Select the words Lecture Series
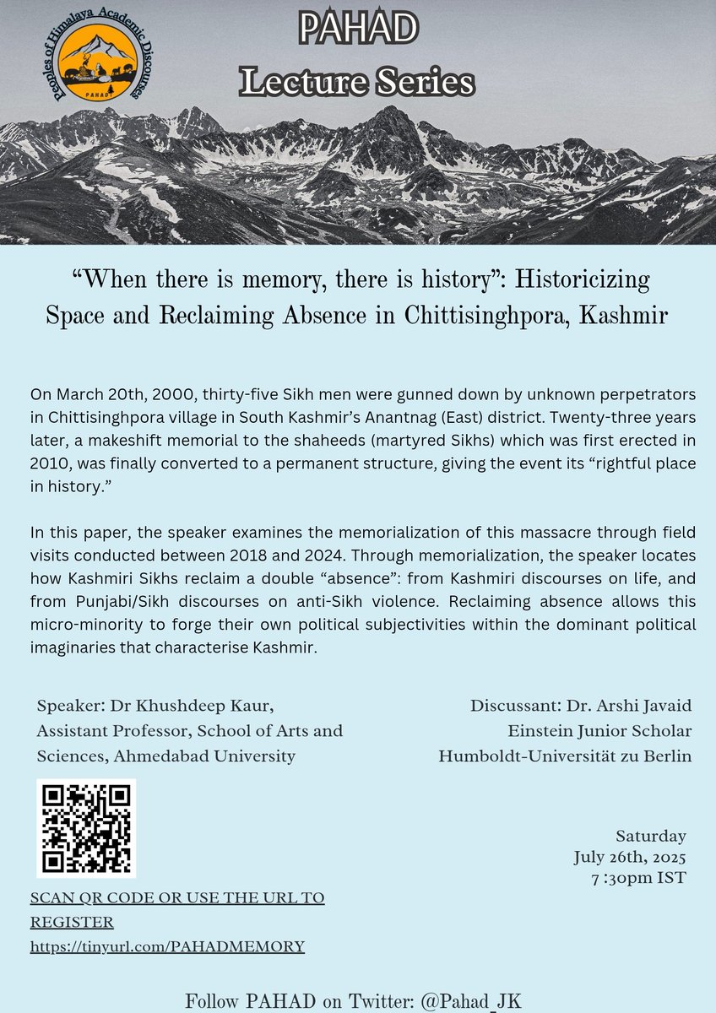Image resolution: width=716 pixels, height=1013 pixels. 357,82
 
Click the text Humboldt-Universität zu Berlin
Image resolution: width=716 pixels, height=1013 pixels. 565,756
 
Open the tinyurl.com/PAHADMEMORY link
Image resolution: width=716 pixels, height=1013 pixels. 167,946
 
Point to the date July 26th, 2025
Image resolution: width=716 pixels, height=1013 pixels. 630,858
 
